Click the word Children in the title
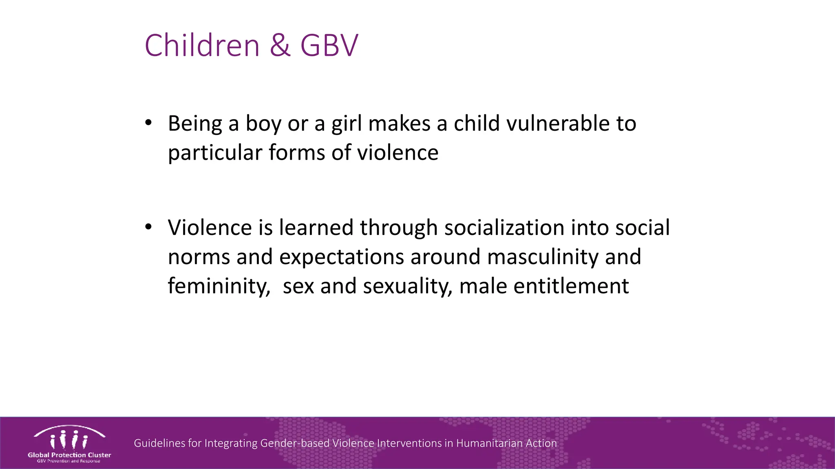[202, 45]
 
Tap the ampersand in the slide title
[280, 45]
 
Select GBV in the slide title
[329, 45]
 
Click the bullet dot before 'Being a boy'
[148, 122]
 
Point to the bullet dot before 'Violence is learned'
[148, 226]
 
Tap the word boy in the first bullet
[263, 124]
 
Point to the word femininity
[219, 286]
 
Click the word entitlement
[571, 286]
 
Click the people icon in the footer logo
[69, 440]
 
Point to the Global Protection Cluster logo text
[69, 455]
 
